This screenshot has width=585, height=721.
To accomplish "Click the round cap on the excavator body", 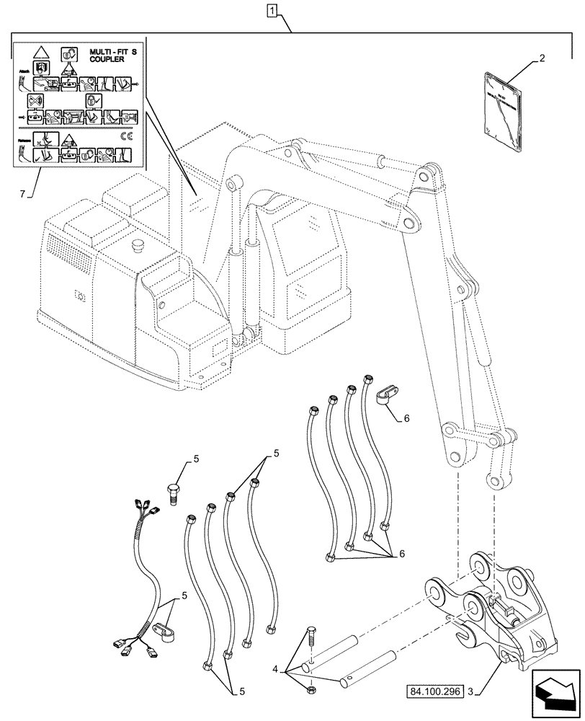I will coord(136,248).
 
